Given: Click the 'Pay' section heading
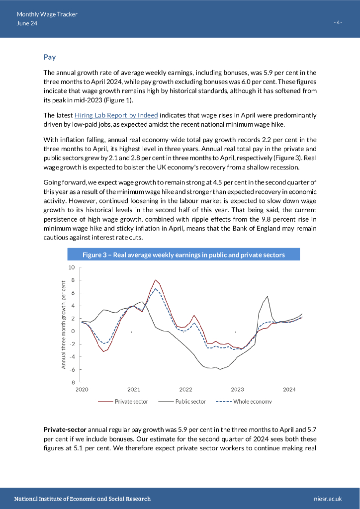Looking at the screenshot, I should coord(50,57).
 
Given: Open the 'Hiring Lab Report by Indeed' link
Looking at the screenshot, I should coord(116,115).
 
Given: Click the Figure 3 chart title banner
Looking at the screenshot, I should coord(183,255).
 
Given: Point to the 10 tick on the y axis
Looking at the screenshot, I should coord(71,267).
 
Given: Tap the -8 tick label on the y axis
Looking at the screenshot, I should coord(71,382).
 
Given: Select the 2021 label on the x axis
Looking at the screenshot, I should coord(133,390).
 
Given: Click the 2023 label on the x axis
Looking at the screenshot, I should coord(237,390).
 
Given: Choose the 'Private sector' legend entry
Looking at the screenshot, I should coord(131,402).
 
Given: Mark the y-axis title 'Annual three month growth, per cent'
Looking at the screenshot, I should coord(64,325).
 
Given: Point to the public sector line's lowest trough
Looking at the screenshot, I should coord(220,369).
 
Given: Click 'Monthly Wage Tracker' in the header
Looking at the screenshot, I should coord(47,14).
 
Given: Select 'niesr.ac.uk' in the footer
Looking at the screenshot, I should coord(329,499).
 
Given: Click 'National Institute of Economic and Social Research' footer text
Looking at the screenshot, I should coord(83,499).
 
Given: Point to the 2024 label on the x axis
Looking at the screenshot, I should coord(289,390).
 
